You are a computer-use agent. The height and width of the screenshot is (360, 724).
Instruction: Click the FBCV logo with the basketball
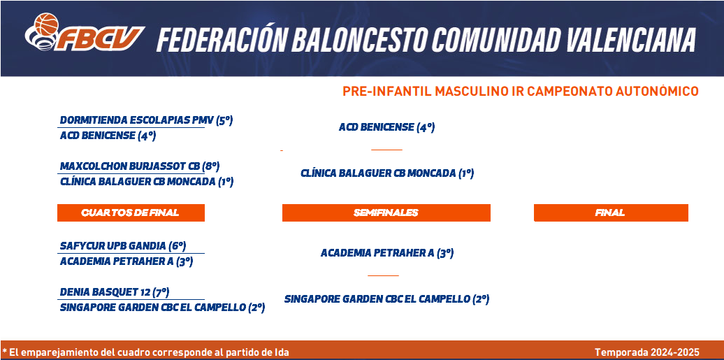pyautogui.click(x=85, y=32)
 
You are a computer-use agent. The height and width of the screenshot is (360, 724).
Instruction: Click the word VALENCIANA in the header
pyautogui.click(x=630, y=39)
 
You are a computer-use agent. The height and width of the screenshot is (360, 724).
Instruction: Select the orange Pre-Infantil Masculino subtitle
pyautogui.click(x=521, y=92)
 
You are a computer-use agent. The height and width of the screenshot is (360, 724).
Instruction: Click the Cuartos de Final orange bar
pyautogui.click(x=131, y=213)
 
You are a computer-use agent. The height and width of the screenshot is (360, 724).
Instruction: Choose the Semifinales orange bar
pyautogui.click(x=386, y=213)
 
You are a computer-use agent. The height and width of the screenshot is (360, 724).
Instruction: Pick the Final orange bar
pyautogui.click(x=611, y=213)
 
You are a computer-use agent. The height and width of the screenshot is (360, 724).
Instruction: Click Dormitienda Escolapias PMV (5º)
pyautogui.click(x=146, y=121)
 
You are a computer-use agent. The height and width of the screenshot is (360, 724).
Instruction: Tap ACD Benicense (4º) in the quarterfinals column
pyautogui.click(x=108, y=136)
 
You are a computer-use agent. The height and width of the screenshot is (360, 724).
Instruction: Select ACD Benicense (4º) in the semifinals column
pyautogui.click(x=387, y=127)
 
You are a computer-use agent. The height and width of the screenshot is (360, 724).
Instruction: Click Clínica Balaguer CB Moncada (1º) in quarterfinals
pyautogui.click(x=147, y=182)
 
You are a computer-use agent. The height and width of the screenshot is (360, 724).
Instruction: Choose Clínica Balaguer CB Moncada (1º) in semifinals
pyautogui.click(x=387, y=173)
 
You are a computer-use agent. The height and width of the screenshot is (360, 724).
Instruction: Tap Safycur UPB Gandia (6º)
pyautogui.click(x=123, y=245)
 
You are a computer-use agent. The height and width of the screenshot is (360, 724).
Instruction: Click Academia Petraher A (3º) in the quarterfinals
pyautogui.click(x=126, y=261)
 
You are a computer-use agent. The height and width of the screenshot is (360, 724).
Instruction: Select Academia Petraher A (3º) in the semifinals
pyautogui.click(x=387, y=253)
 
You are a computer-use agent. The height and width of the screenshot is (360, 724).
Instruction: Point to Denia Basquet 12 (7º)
pyautogui.click(x=115, y=292)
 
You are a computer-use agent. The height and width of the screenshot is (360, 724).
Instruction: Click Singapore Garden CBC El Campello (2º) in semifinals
pyautogui.click(x=387, y=299)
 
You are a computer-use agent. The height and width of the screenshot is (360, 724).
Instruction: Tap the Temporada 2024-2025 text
pyautogui.click(x=647, y=352)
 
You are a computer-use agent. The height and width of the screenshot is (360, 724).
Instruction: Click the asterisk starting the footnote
pyautogui.click(x=4, y=351)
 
